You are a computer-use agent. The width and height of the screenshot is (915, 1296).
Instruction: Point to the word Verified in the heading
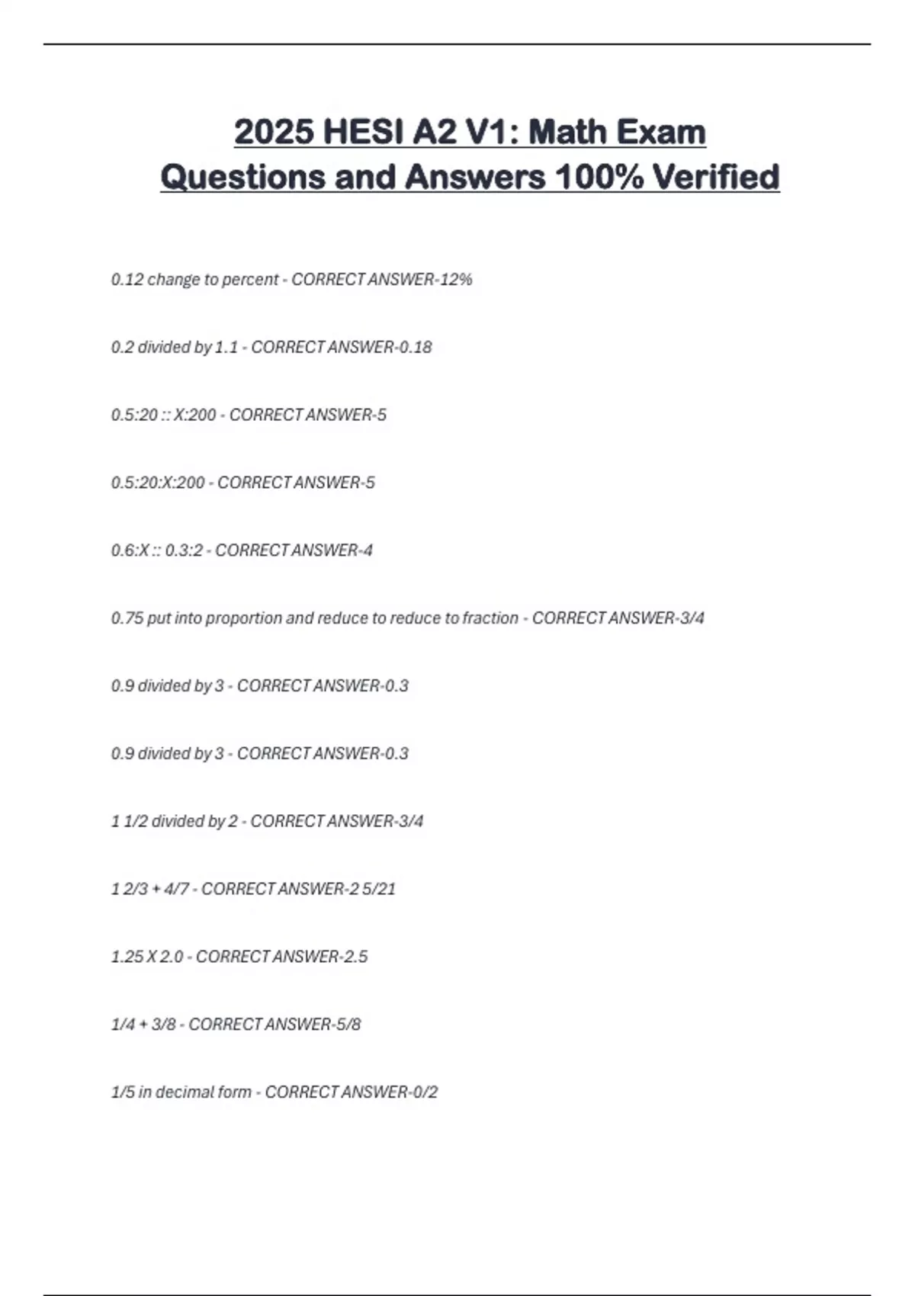pos(716,177)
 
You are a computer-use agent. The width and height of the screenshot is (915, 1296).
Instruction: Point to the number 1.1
pos(226,348)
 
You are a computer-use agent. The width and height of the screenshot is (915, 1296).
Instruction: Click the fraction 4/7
pos(176,889)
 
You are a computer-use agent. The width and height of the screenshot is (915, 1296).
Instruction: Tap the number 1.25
pos(127,957)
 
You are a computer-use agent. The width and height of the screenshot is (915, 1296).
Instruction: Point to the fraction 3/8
pos(163,1025)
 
